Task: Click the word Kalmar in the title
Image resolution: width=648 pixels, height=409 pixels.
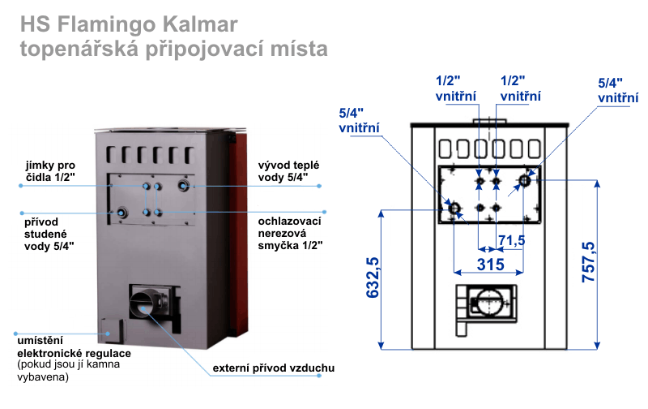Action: pos(200,24)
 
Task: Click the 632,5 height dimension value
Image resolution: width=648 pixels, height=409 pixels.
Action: pos(373,277)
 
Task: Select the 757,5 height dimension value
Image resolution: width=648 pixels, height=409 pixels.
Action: pos(588,262)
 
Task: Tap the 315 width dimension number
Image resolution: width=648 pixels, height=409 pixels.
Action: pos(491,264)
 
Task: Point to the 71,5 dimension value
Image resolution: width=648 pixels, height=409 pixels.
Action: pos(512,240)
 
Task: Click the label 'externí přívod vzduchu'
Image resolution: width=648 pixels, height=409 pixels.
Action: pos(274,368)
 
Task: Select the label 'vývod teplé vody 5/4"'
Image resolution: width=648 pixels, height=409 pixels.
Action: pos(288,171)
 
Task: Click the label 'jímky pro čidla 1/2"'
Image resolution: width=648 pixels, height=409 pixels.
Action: pos(50,171)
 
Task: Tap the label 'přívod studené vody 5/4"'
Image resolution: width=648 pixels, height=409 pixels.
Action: pos(49,234)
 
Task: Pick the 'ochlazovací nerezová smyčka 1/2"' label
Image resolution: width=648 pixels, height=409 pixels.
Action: pos(290,233)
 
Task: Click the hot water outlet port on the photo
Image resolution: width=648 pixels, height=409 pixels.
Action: pos(184,185)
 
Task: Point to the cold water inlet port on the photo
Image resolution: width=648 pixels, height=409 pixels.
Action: pos(122,213)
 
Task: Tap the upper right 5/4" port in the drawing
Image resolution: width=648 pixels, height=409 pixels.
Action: pos(524,180)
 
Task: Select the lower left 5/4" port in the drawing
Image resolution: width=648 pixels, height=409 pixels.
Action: pos(454,208)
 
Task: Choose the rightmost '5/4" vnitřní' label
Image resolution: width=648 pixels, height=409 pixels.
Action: pos(618,90)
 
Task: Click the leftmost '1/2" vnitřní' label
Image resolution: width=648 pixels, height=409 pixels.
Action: pos(455,88)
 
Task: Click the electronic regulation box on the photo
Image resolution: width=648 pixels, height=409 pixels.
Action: pos(111,331)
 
